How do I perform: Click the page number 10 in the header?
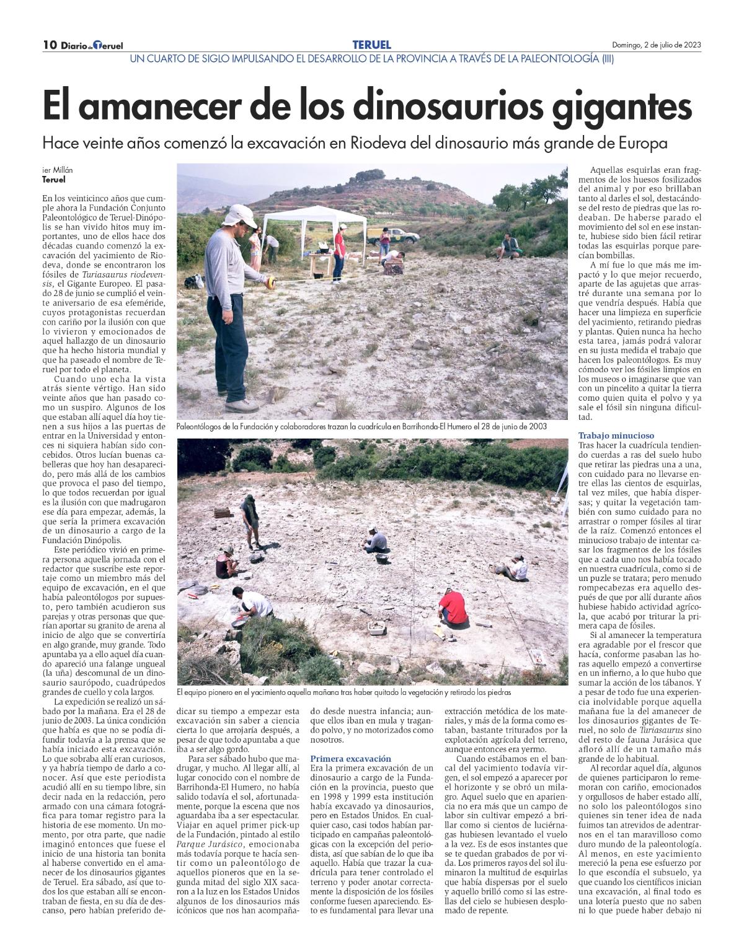point(50,45)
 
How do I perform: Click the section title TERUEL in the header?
point(371,45)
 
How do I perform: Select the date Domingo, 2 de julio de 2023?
point(657,45)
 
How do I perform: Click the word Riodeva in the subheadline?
point(384,144)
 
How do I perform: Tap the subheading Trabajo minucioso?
point(616,435)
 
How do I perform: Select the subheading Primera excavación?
point(351,758)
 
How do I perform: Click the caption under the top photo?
point(361,427)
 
